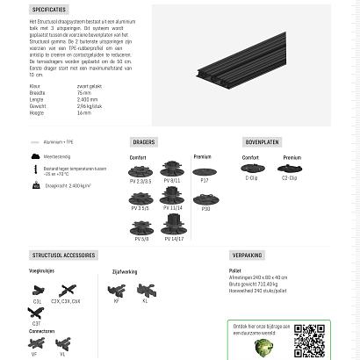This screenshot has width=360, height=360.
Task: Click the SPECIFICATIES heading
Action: pos(55,8)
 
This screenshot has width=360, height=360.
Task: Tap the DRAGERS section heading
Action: pos(143,141)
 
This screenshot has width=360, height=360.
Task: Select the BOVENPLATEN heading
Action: pos(263,141)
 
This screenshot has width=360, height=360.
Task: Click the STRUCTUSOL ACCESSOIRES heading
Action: pos(63,256)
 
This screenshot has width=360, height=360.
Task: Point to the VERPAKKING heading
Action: pos(248,256)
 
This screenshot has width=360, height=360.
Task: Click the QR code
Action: pos(309,341)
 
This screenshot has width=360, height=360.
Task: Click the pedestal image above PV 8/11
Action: pos(173,168)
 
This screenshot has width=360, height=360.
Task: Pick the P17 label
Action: pos(205,180)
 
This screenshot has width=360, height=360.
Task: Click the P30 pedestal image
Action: pos(205,197)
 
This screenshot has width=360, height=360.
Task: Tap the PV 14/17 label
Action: pos(173,238)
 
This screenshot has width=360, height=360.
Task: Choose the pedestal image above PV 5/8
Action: pos(141,227)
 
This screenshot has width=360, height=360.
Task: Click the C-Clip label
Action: pos(251,177)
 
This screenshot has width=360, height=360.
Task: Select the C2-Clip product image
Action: pos(289,168)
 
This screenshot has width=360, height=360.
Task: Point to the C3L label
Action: pos(37,301)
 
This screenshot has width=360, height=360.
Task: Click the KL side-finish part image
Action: pos(145,290)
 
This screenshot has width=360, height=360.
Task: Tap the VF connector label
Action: pos(34,354)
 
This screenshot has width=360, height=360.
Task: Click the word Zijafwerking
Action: pos(125,272)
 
